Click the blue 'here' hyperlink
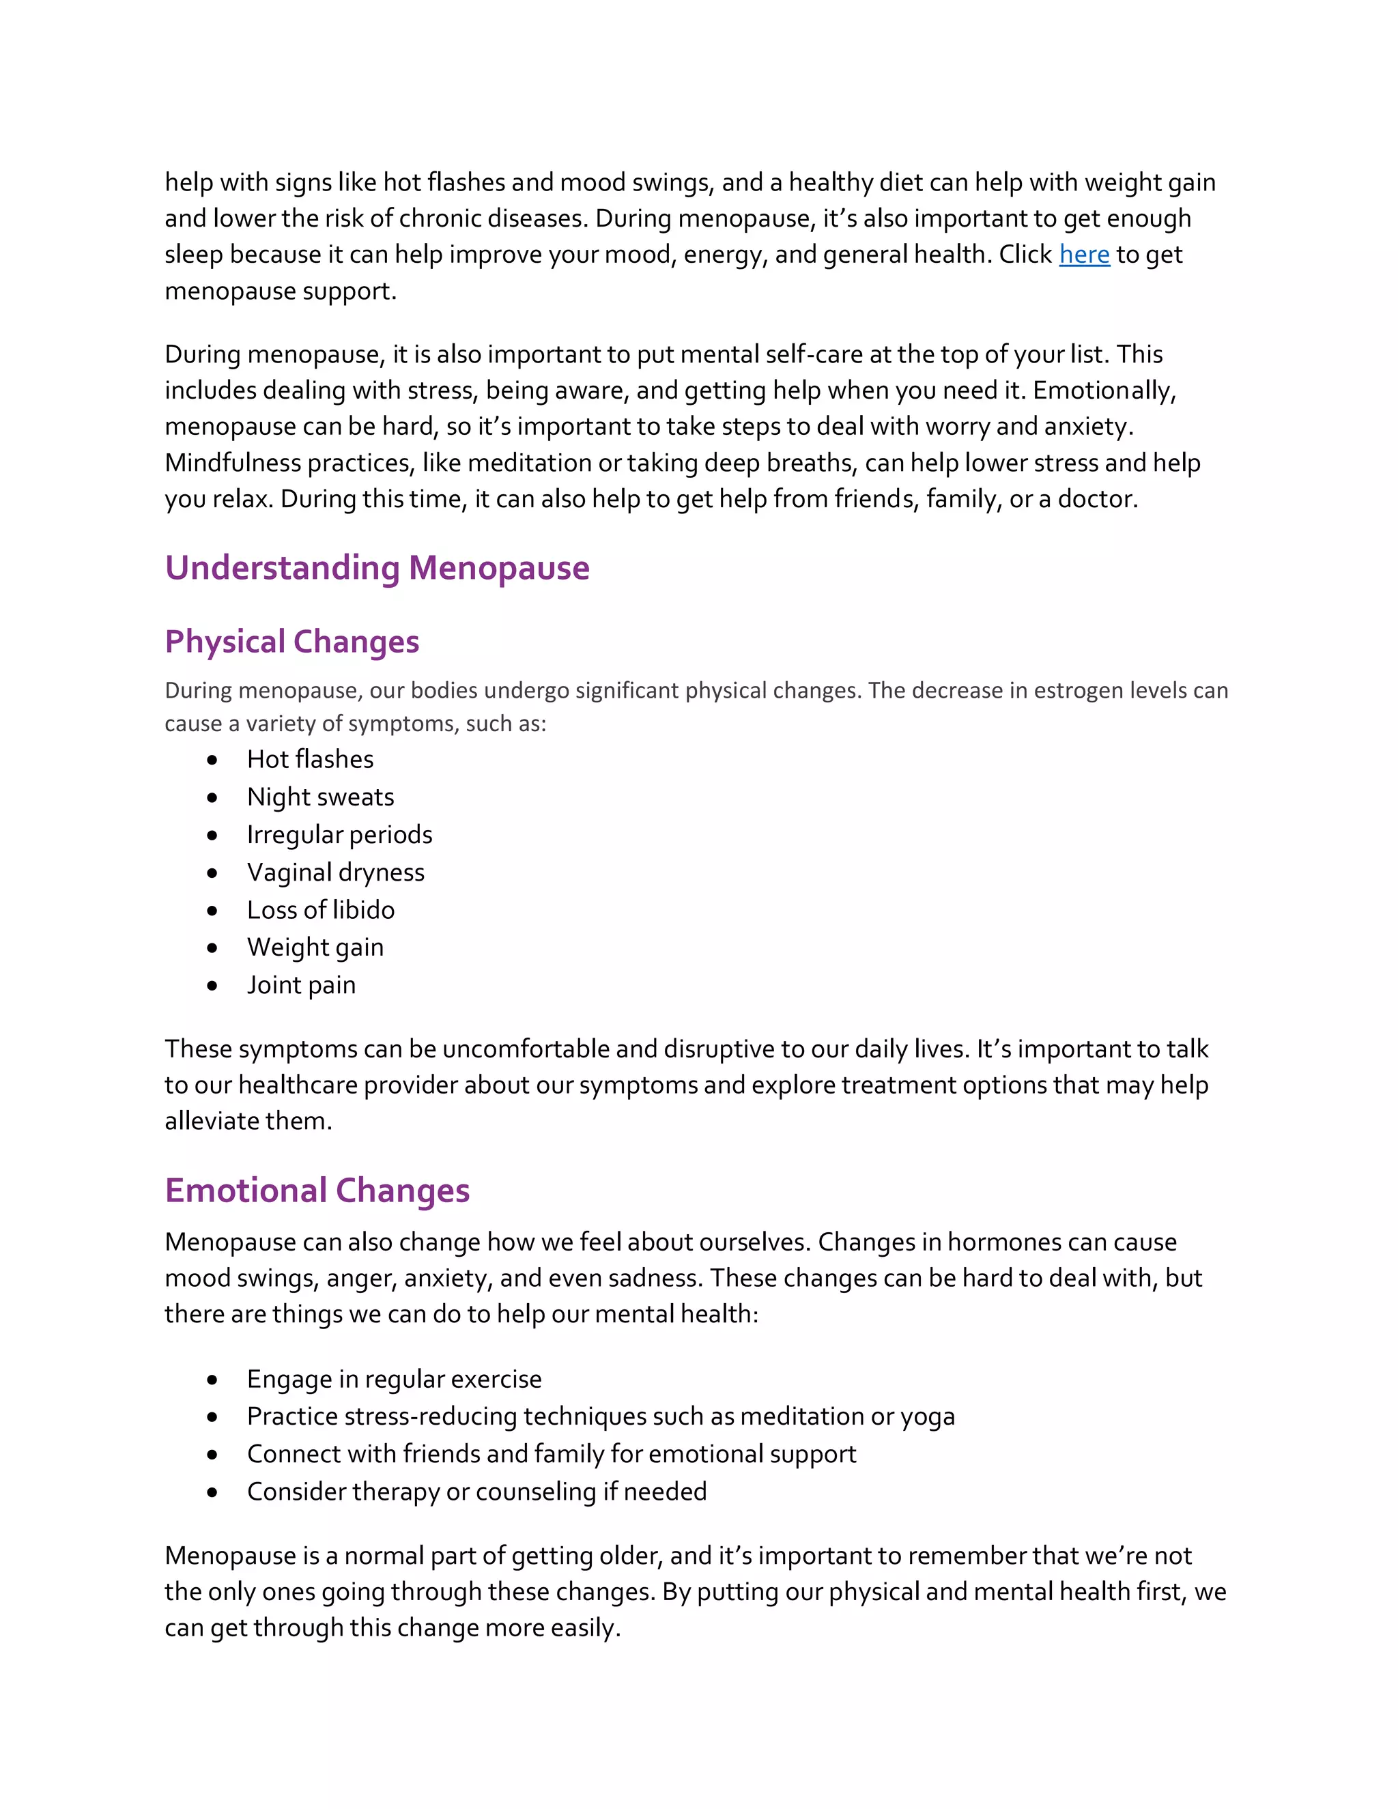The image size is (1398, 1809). [1083, 255]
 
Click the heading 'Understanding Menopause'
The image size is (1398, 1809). [377, 568]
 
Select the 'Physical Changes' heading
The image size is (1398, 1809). [291, 642]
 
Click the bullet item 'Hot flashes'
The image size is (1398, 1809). [310, 760]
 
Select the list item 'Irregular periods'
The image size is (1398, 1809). [339, 835]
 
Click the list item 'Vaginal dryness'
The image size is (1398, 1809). [334, 872]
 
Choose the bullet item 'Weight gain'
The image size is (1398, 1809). [315, 948]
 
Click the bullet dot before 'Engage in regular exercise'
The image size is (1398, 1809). [213, 1380]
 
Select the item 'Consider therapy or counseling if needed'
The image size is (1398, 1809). [476, 1492]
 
